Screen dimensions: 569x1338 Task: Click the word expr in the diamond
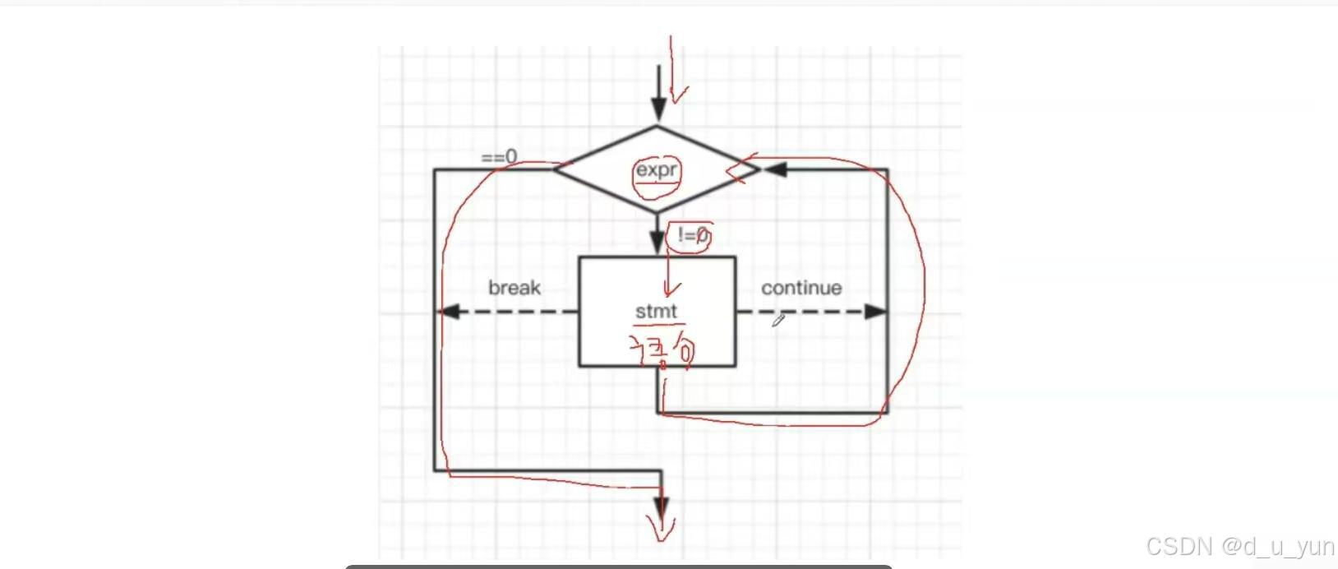[657, 170]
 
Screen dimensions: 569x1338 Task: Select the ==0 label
[500, 156]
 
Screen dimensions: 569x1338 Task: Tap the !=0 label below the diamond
[693, 236]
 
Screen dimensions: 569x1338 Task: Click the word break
[514, 288]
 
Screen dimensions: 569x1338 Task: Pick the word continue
[801, 288]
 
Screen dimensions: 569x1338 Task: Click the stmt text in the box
[656, 312]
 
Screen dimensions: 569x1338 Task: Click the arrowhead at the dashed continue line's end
[876, 312]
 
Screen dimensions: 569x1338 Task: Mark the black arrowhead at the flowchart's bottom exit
[661, 507]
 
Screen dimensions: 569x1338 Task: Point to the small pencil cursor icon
[777, 321]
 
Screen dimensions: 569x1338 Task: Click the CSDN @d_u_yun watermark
[1239, 546]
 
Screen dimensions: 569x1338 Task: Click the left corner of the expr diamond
[555, 169]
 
